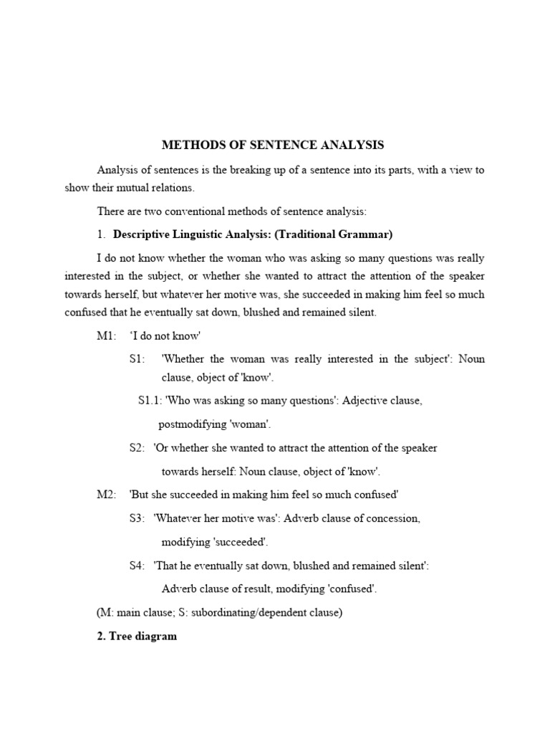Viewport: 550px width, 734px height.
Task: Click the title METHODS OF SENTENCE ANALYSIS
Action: [273, 145]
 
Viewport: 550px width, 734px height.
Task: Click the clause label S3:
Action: [137, 518]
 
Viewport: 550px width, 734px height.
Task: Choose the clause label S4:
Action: [137, 566]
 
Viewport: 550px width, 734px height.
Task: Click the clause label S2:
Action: [137, 448]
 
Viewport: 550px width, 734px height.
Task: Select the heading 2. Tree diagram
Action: [137, 637]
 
